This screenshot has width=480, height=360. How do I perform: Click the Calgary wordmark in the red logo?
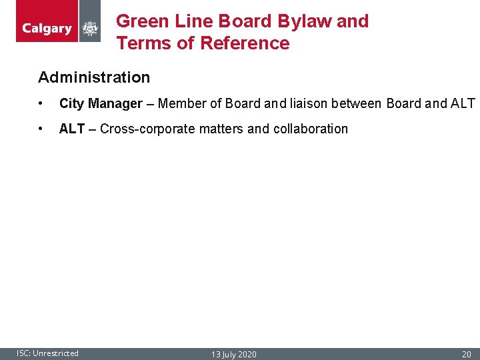pyautogui.click(x=47, y=29)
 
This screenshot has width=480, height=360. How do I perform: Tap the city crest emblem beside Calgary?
pyautogui.click(x=89, y=29)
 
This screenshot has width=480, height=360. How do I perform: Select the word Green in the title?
pyautogui.click(x=141, y=21)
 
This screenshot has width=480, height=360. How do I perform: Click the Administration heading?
pyautogui.click(x=94, y=77)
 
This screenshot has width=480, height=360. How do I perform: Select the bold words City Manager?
pyautogui.click(x=101, y=103)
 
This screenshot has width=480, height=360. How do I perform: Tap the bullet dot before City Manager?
pyautogui.click(x=42, y=104)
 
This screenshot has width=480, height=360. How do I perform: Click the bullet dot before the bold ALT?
pyautogui.click(x=42, y=129)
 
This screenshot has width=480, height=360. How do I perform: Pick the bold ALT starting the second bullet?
pyautogui.click(x=71, y=129)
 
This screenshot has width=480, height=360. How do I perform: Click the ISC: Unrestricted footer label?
pyautogui.click(x=47, y=353)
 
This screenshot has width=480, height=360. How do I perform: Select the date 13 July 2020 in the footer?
pyautogui.click(x=233, y=354)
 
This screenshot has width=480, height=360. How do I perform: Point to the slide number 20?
pyautogui.click(x=467, y=354)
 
